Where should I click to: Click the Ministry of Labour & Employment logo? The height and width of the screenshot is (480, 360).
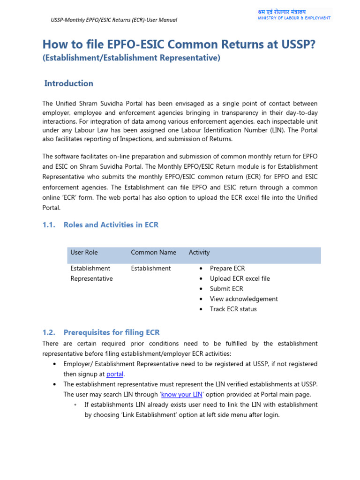(294, 15)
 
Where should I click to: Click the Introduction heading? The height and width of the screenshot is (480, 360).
(68, 83)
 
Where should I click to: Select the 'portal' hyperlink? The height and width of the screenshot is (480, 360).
(114, 374)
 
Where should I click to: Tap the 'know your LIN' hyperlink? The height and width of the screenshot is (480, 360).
(182, 394)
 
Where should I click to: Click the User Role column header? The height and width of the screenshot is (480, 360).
(84, 252)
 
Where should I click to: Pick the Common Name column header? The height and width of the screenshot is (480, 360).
(153, 252)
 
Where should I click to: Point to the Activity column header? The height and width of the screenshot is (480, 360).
(199, 252)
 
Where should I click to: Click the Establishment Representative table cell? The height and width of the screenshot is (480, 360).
(91, 273)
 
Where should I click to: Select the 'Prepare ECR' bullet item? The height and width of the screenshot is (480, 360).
(227, 268)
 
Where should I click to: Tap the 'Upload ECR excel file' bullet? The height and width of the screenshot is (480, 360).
(240, 278)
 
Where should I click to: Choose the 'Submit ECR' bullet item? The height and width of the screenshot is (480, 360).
(226, 289)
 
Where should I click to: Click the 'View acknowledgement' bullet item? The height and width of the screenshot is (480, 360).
(244, 299)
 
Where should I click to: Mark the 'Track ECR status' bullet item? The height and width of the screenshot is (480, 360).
(233, 309)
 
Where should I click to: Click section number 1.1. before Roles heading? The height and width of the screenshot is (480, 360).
(49, 225)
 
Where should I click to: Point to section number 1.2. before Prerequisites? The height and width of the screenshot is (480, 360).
(49, 332)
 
